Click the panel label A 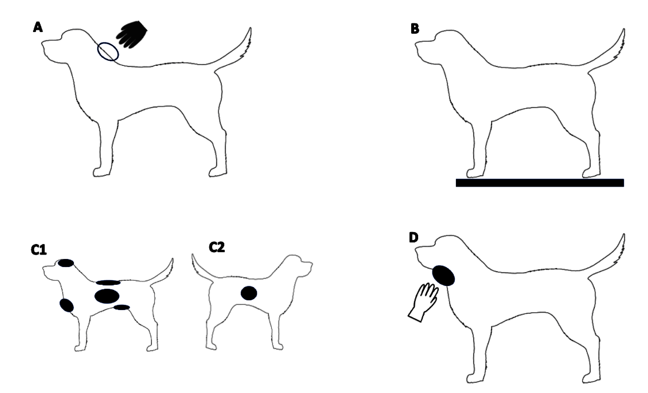[x=38, y=27]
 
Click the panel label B [x=415, y=29]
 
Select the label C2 [x=217, y=247]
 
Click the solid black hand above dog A [x=132, y=35]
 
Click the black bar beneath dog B [x=540, y=183]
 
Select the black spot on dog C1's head [x=66, y=263]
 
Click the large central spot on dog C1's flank [x=107, y=296]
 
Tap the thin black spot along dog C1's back [x=108, y=283]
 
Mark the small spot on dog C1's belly [x=122, y=307]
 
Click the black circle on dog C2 [x=249, y=293]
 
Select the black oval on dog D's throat [x=443, y=276]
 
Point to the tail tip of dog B [x=624, y=29]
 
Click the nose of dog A [x=43, y=44]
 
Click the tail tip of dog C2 [x=192, y=254]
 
